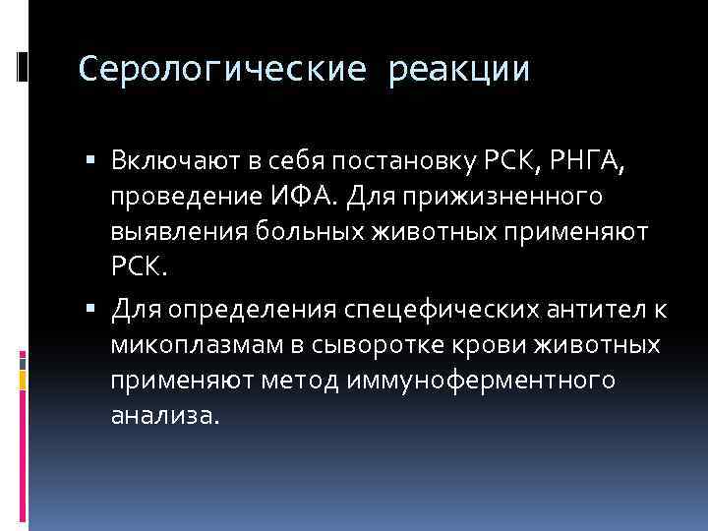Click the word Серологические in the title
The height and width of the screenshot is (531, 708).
(224, 70)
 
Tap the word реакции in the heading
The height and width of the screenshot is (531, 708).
(459, 70)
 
